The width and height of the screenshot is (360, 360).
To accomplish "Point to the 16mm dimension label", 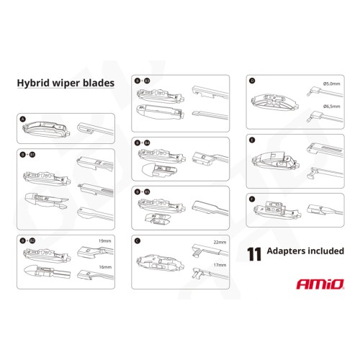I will [x=106, y=266].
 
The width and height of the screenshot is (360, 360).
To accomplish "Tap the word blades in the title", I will [x=96, y=83].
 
